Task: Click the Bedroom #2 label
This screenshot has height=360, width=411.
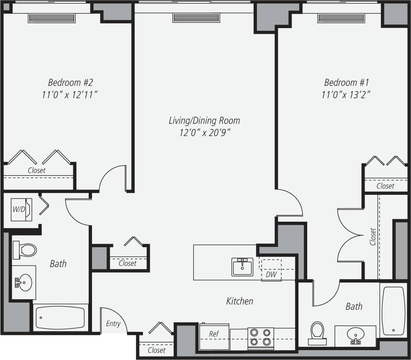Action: (x=70, y=82)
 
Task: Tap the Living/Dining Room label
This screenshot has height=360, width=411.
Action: (x=204, y=121)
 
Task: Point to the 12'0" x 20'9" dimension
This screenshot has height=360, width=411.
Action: (x=204, y=133)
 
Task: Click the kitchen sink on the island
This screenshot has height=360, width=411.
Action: (x=243, y=267)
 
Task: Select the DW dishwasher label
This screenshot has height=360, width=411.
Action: (x=271, y=274)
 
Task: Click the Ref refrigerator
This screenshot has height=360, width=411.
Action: (x=214, y=336)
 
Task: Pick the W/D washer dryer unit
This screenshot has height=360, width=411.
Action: (x=21, y=209)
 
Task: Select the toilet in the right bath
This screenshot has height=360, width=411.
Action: (x=317, y=332)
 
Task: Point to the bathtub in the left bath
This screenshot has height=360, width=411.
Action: (x=60, y=318)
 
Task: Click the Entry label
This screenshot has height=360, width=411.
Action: (x=113, y=324)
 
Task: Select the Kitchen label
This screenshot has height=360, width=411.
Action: (x=240, y=301)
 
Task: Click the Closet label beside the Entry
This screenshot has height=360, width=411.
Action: (x=156, y=350)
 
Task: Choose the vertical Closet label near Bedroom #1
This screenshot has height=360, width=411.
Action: (x=373, y=237)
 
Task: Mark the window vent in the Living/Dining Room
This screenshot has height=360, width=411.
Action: (x=196, y=18)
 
